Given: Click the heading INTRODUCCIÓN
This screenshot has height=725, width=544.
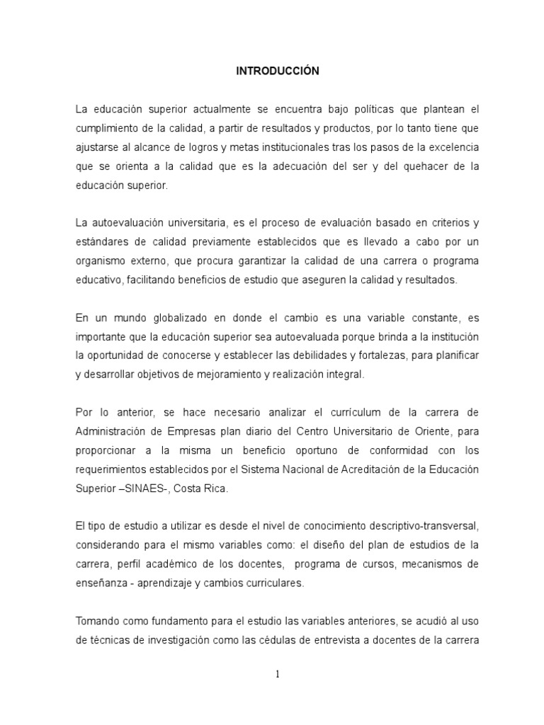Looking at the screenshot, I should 278,71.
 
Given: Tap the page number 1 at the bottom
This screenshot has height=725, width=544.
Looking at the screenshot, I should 278,674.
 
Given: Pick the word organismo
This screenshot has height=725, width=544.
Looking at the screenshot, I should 98,261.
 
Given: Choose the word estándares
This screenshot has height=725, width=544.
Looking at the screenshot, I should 101,242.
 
